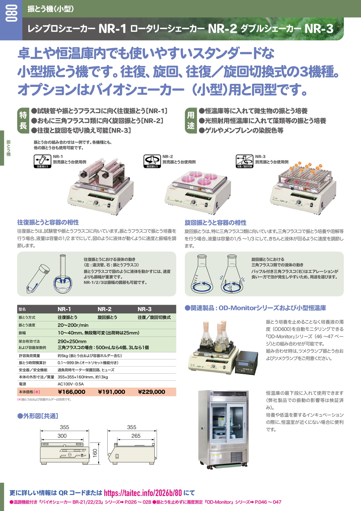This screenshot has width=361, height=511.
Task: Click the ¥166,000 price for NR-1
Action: coord(72,392)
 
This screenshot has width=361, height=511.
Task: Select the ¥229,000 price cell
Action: coord(152,392)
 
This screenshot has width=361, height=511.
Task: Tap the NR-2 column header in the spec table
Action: coord(104,309)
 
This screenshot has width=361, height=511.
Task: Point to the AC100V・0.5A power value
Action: coord(71,384)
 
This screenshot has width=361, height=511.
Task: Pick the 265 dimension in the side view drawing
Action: coord(136,436)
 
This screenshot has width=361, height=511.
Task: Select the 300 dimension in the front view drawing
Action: coord(62,436)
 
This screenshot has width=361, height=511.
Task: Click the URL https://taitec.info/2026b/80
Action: coord(143,493)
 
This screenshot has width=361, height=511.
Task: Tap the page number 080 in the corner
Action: coord(11,13)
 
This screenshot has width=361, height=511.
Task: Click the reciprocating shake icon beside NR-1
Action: coord(43,161)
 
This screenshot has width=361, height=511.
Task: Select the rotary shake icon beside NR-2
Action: coord(152,161)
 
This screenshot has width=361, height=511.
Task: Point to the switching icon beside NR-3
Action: coord(245,161)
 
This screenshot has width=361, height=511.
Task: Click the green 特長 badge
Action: coord(23,121)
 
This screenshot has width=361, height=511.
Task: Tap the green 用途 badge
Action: coord(191,121)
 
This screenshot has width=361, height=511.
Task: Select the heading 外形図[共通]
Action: coord(38,416)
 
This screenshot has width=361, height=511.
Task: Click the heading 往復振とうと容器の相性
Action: coord(48,222)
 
